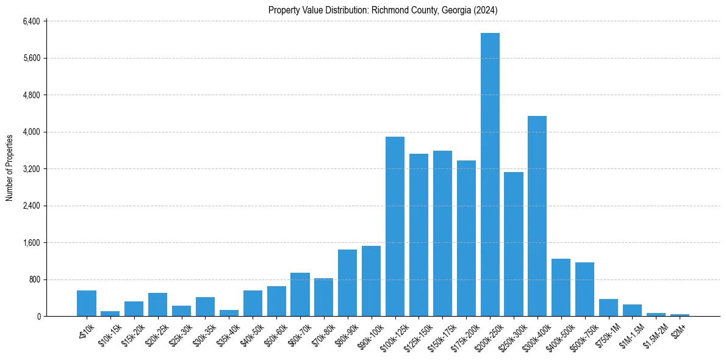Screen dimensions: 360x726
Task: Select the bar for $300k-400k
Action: (537, 216)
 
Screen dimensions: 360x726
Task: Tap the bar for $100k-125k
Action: (395, 226)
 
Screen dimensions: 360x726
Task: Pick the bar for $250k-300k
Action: (514, 244)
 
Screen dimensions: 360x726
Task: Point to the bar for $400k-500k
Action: (561, 287)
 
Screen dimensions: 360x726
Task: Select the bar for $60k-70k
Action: (300, 295)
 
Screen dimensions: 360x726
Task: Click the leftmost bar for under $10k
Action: (87, 303)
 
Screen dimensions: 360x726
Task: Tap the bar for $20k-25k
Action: (157, 304)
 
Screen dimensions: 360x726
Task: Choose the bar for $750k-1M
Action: (608, 308)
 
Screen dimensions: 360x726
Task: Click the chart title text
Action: (383, 10)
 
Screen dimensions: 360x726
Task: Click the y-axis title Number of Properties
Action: (10, 168)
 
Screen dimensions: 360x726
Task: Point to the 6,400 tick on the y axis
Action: (31, 21)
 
